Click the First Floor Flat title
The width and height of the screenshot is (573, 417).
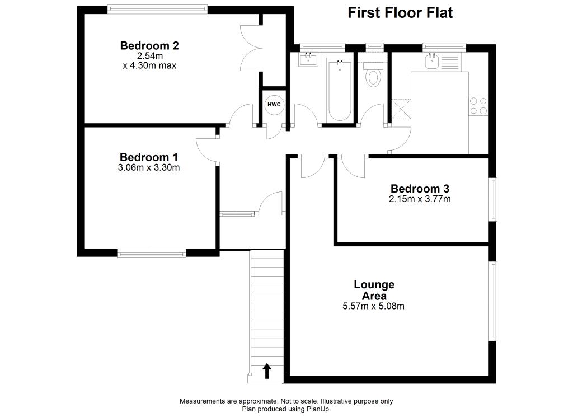[x=400, y=13]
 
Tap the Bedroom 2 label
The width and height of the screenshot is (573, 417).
[x=149, y=46]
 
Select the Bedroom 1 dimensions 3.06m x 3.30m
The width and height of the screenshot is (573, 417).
[x=149, y=167]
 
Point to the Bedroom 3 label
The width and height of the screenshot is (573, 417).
[x=420, y=189]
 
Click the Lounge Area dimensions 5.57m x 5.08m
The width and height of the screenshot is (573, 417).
[x=373, y=306]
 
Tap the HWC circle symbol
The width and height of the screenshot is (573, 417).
[x=274, y=105]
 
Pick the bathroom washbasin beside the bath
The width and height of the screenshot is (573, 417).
[x=308, y=59]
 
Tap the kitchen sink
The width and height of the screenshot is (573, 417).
[x=431, y=61]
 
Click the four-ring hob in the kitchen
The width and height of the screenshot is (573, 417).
[x=478, y=106]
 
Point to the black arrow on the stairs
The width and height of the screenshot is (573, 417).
[x=267, y=371]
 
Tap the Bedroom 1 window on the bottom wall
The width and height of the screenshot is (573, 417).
[x=152, y=254]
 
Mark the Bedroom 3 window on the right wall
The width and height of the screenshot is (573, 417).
[x=493, y=200]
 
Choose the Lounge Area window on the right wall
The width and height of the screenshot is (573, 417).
[x=493, y=301]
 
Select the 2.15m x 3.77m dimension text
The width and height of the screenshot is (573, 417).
[x=420, y=199]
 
